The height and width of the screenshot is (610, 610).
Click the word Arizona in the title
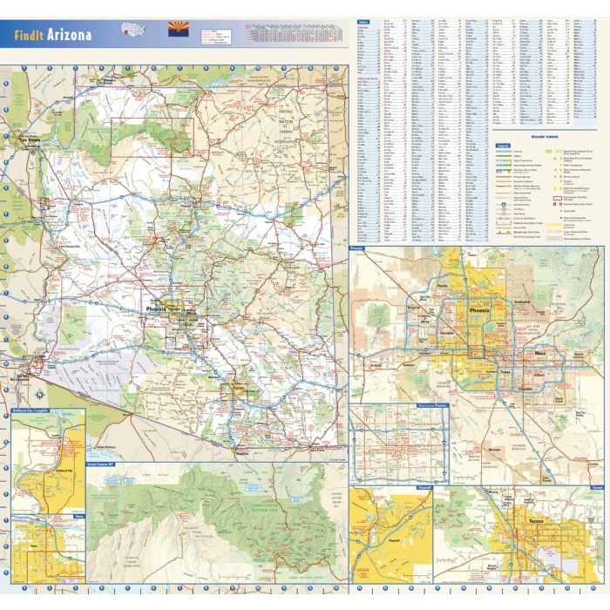(x=71, y=37)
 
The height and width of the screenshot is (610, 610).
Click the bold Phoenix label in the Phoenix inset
(x=480, y=309)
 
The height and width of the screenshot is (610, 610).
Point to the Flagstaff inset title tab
(x=424, y=488)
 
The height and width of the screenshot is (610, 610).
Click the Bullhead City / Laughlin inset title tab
(x=37, y=410)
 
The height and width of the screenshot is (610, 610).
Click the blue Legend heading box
(x=502, y=145)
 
